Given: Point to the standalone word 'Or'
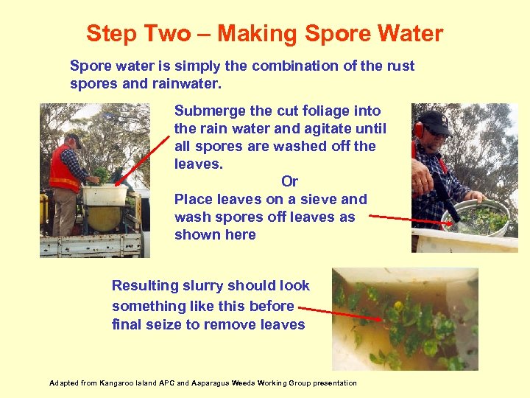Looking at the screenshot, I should pos(289,181).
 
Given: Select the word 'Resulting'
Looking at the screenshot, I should pos(145,286).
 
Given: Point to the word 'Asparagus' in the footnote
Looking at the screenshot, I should pos(209,383).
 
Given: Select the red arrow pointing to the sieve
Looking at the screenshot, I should pos(405,218).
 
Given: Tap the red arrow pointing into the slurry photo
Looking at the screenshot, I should pos(342,313).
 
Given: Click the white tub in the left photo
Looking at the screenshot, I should pos(105,194).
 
